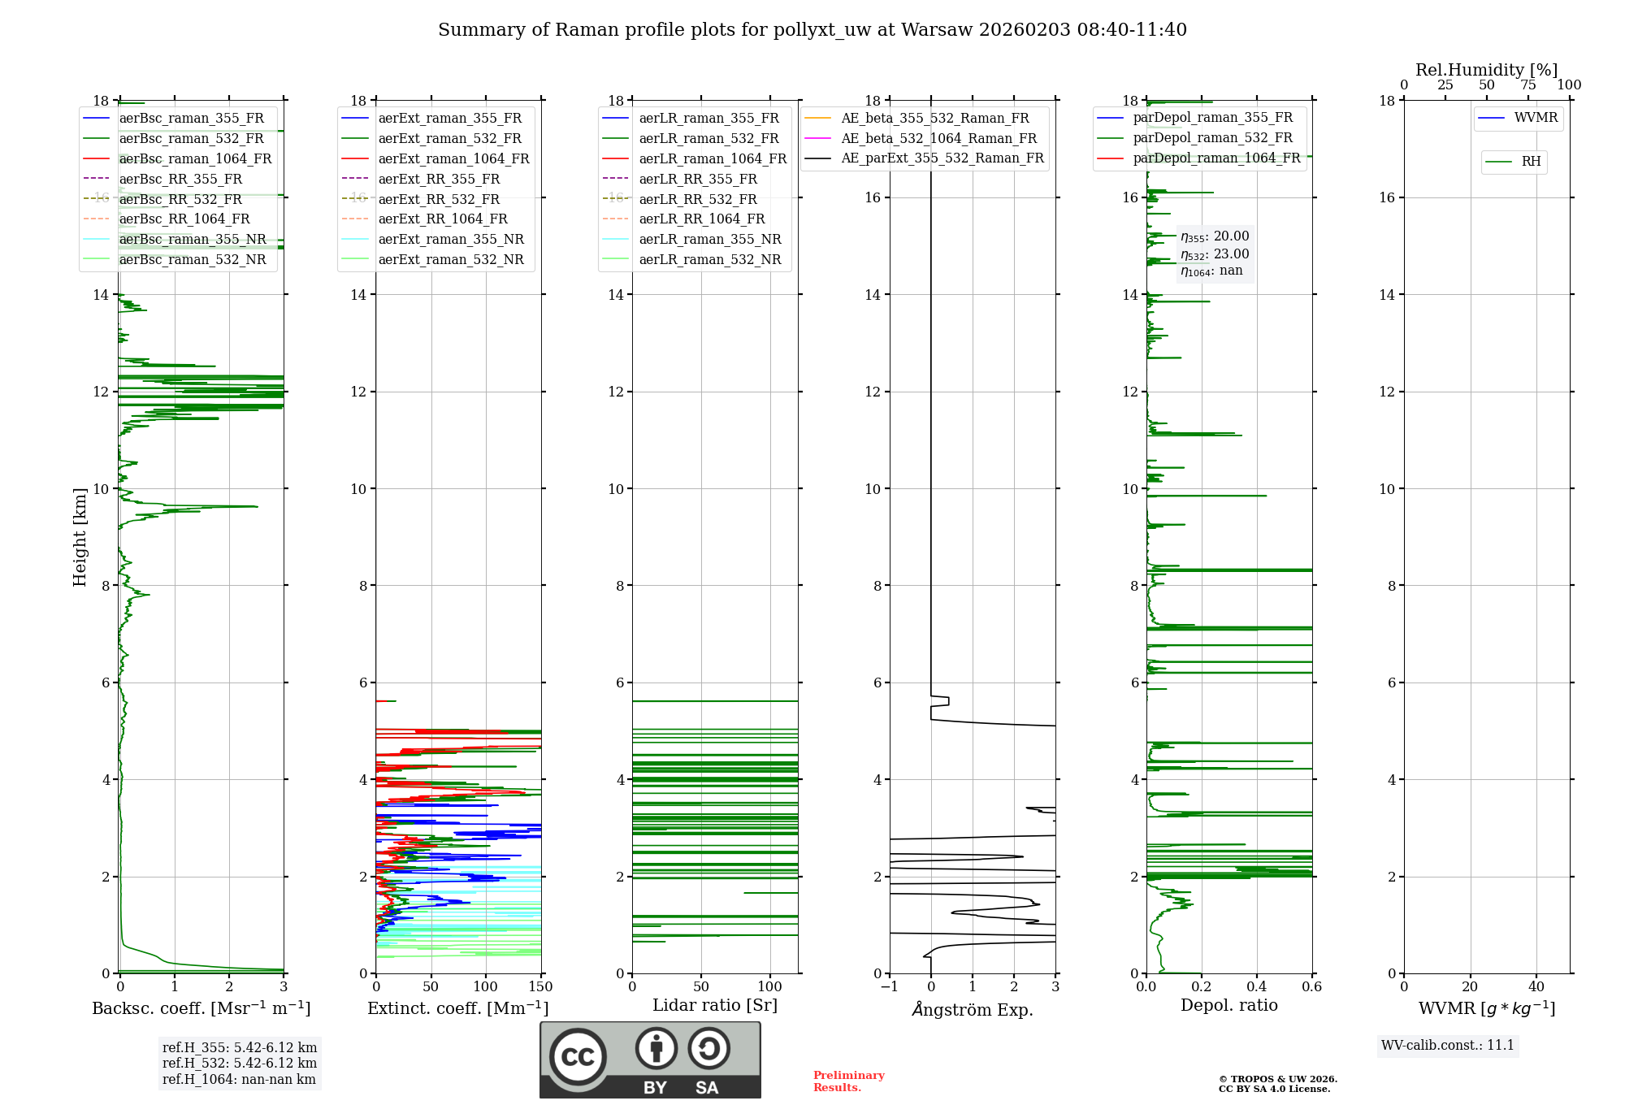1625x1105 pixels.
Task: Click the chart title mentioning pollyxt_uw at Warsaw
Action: click(812, 30)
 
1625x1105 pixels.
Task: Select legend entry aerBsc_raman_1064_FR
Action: click(195, 159)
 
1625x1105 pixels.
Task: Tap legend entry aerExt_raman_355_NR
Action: click(451, 240)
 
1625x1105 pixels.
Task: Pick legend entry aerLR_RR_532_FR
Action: click(697, 200)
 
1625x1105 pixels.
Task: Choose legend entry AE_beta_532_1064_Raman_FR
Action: click(938, 139)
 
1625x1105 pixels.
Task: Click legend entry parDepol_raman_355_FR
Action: click(1212, 118)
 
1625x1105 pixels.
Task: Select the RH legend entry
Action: click(1531, 162)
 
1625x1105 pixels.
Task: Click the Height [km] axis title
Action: click(80, 536)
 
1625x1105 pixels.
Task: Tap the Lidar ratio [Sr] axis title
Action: click(715, 1005)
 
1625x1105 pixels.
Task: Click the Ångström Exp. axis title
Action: click(973, 1009)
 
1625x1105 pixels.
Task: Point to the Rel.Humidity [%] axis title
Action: click(1486, 70)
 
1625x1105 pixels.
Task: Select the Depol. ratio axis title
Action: click(1228, 1005)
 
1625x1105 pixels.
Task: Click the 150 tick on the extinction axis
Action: click(541, 987)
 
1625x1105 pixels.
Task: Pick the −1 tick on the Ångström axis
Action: click(889, 987)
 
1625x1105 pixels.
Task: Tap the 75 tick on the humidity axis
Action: click(1527, 85)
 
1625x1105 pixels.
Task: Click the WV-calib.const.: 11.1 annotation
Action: click(1448, 1045)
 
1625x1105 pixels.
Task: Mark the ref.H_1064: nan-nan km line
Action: click(239, 1079)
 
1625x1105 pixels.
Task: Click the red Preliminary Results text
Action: click(848, 1081)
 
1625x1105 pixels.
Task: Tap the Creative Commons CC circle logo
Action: click(578, 1056)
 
